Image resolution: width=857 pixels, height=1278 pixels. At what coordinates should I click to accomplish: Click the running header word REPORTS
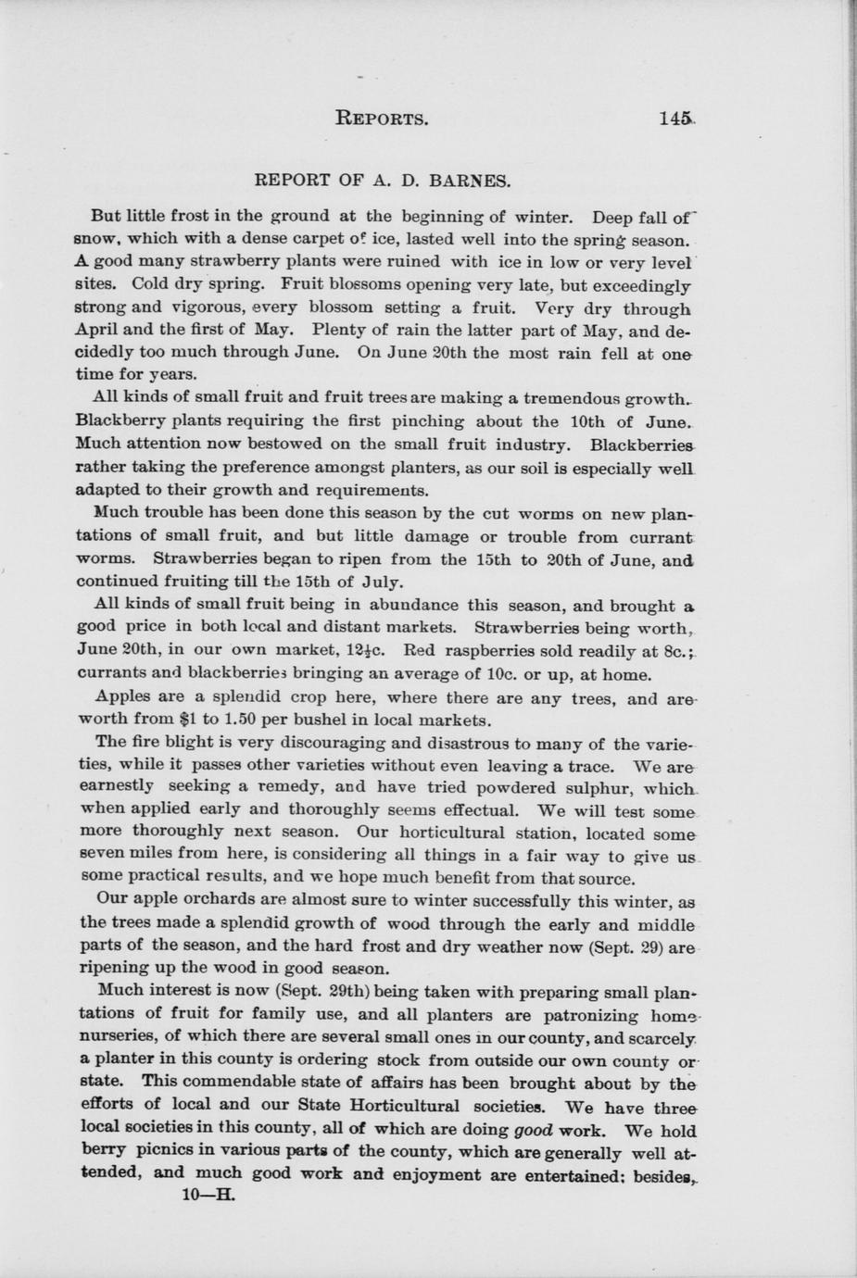[x=381, y=119]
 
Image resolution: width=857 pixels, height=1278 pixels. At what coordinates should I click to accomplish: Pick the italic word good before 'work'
[x=534, y=1130]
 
